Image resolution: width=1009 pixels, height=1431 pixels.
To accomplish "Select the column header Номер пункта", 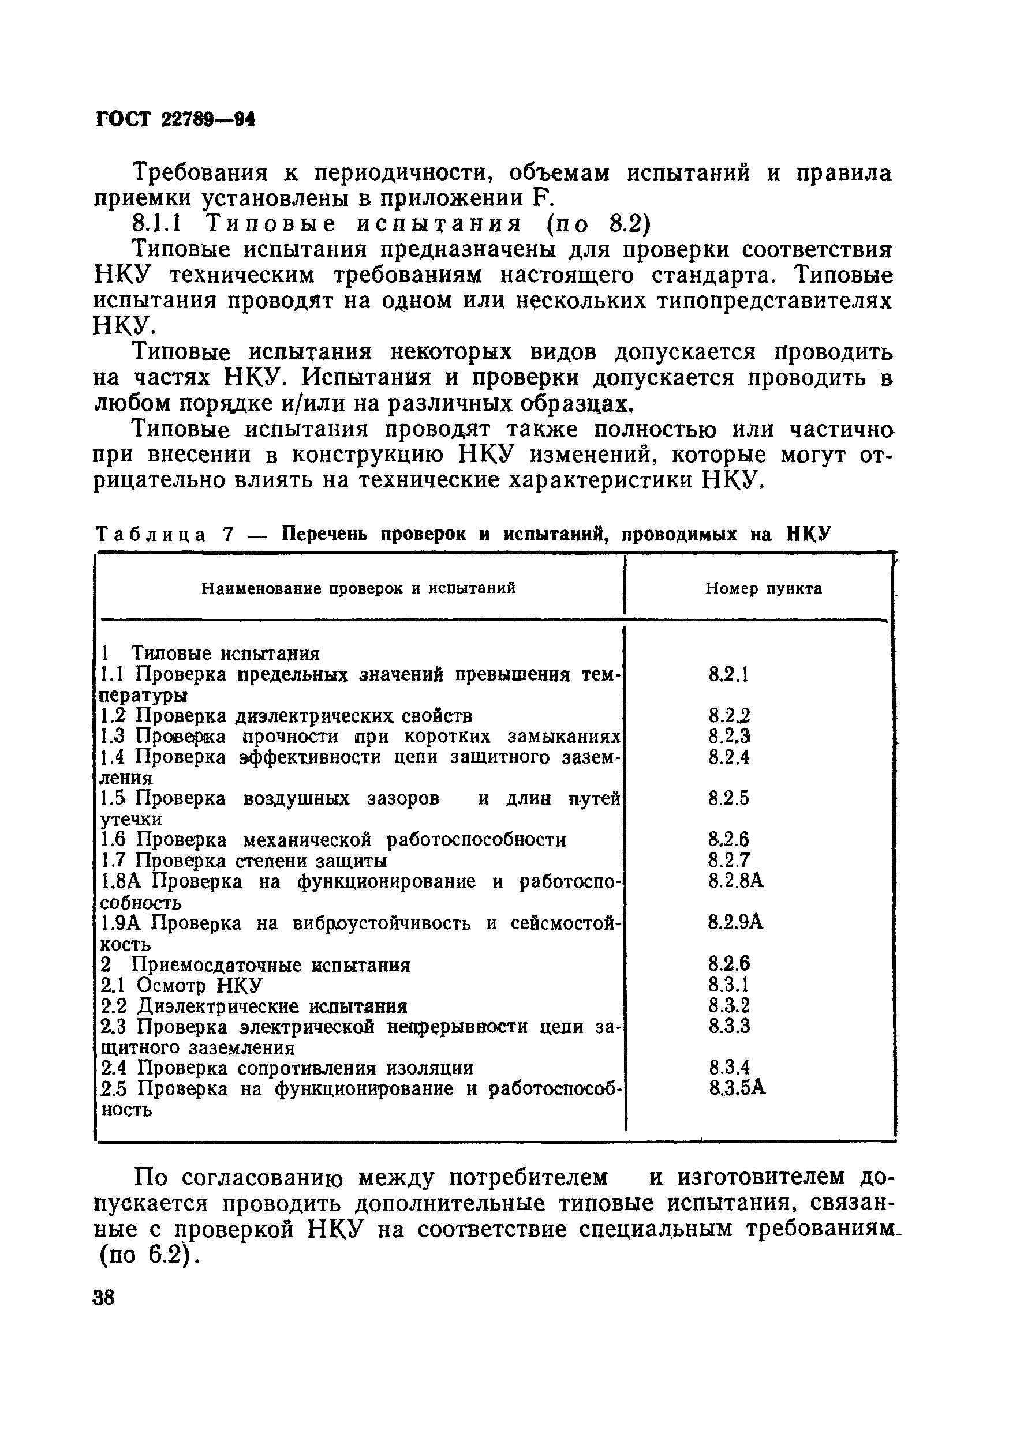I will [763, 588].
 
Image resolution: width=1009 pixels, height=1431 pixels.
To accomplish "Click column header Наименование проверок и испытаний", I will [358, 588].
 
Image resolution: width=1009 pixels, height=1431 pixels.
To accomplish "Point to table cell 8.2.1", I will [728, 674].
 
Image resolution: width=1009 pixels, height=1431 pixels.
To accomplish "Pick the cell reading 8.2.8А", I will [735, 881].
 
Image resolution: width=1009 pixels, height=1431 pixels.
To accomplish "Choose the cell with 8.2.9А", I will [735, 922].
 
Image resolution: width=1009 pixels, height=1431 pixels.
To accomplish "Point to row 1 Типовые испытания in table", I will [210, 654].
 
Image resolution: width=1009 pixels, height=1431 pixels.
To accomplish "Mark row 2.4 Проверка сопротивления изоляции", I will [287, 1068].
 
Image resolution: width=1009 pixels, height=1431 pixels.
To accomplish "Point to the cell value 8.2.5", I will [728, 798].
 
